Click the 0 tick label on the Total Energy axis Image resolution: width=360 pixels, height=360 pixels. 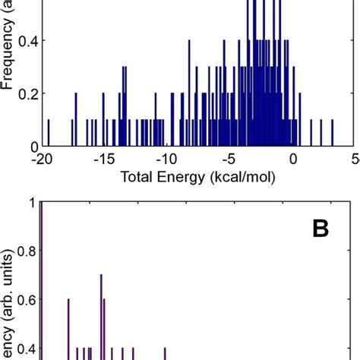tap(294, 160)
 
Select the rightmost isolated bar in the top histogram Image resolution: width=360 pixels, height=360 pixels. tap(333, 134)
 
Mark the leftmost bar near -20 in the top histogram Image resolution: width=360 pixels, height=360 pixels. tap(49, 134)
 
